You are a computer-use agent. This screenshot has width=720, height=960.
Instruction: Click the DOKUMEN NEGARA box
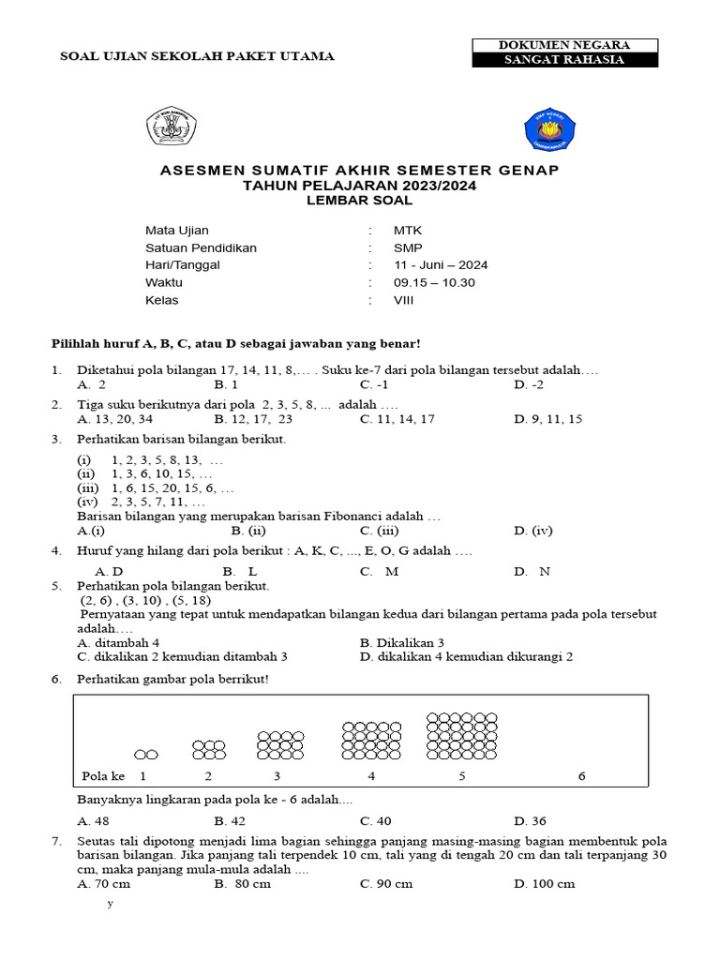(564, 45)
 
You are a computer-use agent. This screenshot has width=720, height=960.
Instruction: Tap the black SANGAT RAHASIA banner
(564, 60)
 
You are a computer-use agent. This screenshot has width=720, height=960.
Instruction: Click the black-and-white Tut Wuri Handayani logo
(171, 127)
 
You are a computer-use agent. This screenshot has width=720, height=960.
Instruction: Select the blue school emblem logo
(543, 128)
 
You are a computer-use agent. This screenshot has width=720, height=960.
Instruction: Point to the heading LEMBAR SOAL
(359, 200)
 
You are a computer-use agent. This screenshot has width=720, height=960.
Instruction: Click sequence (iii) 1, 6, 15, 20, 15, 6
(156, 488)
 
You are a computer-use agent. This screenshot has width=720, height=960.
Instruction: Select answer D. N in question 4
(532, 571)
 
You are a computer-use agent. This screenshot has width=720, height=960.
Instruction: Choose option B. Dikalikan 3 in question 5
(401, 642)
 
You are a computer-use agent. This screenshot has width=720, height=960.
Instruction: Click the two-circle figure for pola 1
(145, 754)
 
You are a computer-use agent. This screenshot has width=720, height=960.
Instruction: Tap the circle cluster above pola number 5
(462, 736)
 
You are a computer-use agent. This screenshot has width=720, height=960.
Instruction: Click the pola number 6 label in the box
(581, 776)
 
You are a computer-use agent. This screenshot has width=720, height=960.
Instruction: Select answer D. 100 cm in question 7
(544, 883)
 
